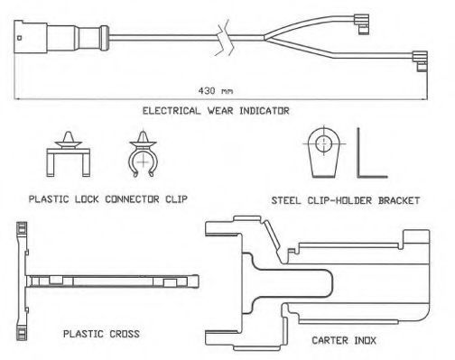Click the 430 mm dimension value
coord(216,90)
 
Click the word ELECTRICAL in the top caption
coord(172,111)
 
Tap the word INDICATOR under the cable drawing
coord(265,111)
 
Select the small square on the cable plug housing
coord(20,38)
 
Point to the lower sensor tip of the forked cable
coord(420,61)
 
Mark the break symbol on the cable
coord(225,38)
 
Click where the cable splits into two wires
coord(265,38)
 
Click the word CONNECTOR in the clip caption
coord(132,199)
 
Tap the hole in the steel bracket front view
coord(323,143)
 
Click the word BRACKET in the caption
coord(399,200)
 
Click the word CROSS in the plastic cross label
coord(125,334)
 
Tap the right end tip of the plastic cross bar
coord(198,282)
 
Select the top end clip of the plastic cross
coord(22,229)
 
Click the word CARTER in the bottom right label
coord(330,340)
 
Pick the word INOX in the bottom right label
coord(366,340)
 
